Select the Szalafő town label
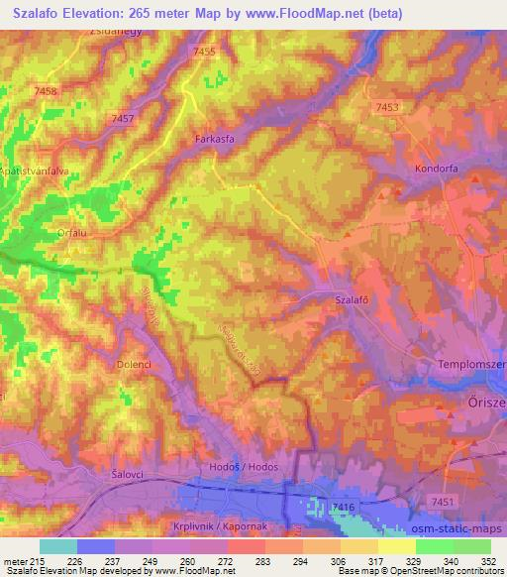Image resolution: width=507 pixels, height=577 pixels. (x=353, y=298)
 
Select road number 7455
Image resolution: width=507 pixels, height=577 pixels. (x=205, y=52)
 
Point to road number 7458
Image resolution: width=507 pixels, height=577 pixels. (x=46, y=91)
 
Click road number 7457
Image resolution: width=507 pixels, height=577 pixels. (x=123, y=119)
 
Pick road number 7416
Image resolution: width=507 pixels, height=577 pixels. (x=344, y=508)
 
